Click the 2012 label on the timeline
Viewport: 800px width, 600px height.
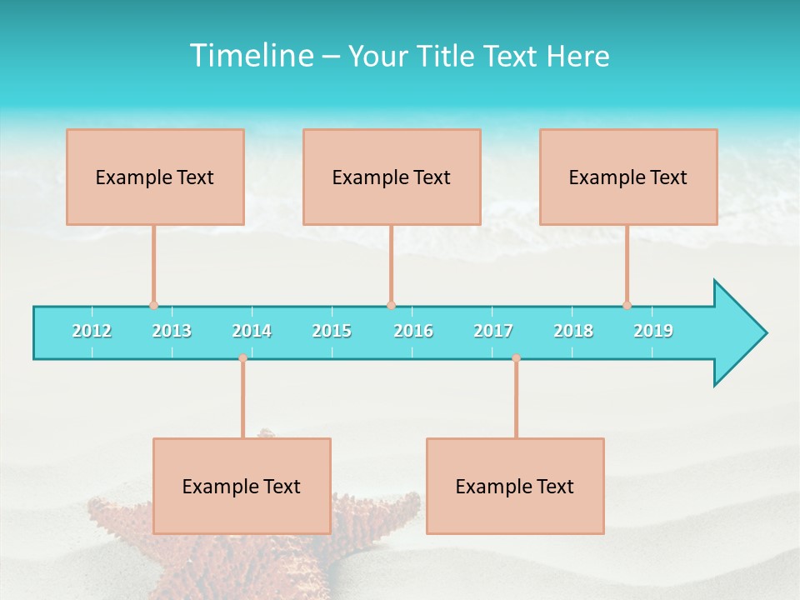point(92,331)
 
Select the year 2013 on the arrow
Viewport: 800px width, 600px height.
point(172,331)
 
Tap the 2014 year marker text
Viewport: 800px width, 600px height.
point(252,331)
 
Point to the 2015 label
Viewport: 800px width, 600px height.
point(332,331)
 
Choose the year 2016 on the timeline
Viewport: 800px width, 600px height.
point(413,331)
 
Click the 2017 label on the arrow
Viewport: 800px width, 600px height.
point(493,331)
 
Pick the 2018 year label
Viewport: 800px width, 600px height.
point(573,331)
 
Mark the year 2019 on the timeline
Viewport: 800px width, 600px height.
point(653,331)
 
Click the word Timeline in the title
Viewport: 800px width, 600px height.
point(250,56)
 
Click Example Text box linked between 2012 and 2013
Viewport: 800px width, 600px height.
point(155,177)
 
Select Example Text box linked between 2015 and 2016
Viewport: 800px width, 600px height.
point(392,177)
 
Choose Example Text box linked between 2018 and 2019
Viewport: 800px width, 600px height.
point(628,177)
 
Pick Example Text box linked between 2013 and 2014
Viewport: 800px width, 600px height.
point(242,486)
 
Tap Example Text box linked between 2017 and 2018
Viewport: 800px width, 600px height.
point(515,486)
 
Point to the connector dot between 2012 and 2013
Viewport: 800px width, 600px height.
point(153,305)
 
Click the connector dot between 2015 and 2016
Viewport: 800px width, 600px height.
point(391,305)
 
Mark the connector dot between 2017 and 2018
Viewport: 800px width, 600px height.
point(516,358)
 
